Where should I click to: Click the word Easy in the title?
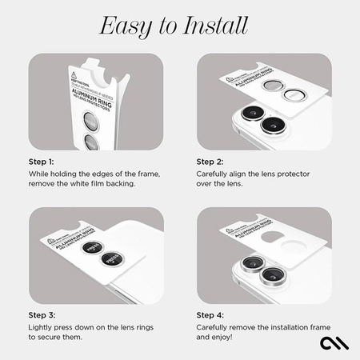point(123,26)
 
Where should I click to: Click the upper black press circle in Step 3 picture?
point(90,248)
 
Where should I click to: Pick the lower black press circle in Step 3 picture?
point(110,259)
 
